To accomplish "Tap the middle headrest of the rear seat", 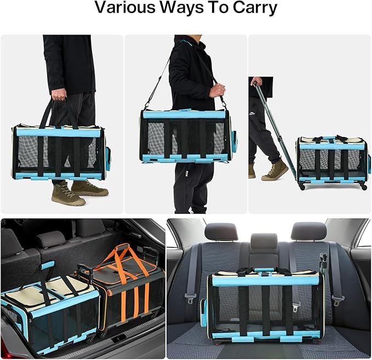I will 264,242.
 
